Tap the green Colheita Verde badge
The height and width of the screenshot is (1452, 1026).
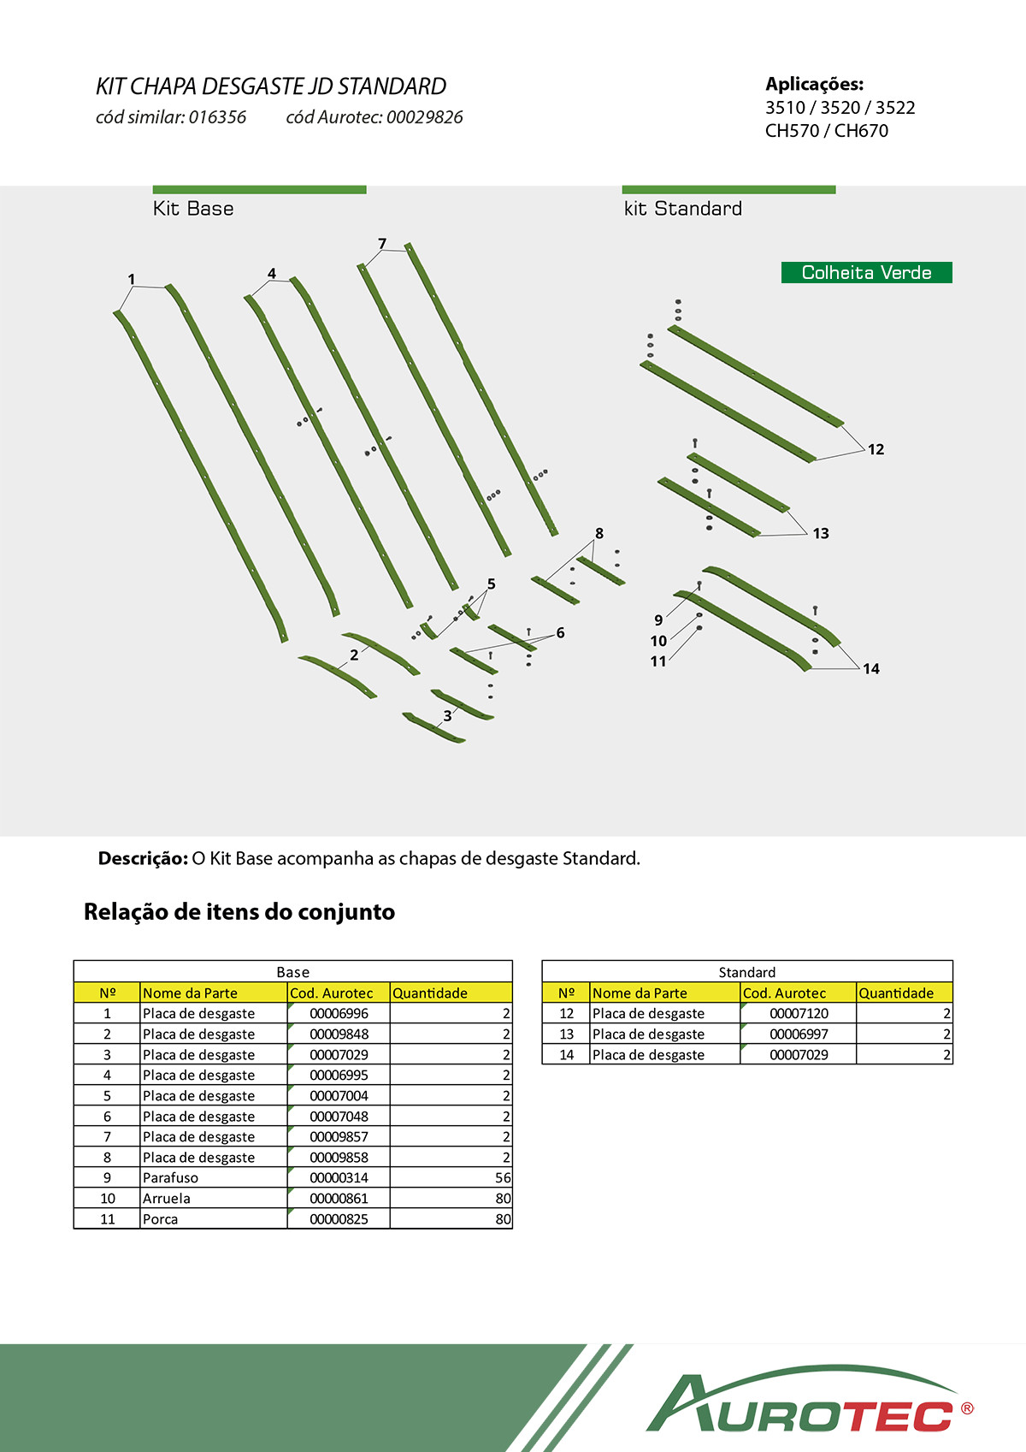(866, 272)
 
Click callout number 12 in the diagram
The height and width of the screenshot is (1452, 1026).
(876, 449)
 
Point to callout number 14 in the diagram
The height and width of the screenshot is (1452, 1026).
(870, 668)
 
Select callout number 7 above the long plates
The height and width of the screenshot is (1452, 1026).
(382, 244)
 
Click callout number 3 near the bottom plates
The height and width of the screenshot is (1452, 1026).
(447, 716)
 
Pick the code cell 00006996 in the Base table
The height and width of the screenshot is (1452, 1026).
(339, 1013)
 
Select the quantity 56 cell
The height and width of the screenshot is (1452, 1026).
(503, 1177)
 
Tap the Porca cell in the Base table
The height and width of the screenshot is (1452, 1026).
(161, 1218)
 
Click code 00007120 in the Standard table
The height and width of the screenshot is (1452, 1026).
(799, 1013)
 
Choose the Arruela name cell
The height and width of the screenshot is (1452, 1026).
(167, 1198)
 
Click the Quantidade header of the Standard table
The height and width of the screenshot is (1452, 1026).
(896, 993)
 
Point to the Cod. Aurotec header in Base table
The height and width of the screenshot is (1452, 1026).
(332, 993)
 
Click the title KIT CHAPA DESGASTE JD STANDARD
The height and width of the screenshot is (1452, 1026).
(271, 86)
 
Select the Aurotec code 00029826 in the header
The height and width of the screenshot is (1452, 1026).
(424, 117)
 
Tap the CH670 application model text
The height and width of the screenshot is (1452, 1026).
(861, 131)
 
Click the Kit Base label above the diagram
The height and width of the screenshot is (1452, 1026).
(193, 209)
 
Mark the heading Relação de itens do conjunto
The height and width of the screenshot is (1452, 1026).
(239, 911)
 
